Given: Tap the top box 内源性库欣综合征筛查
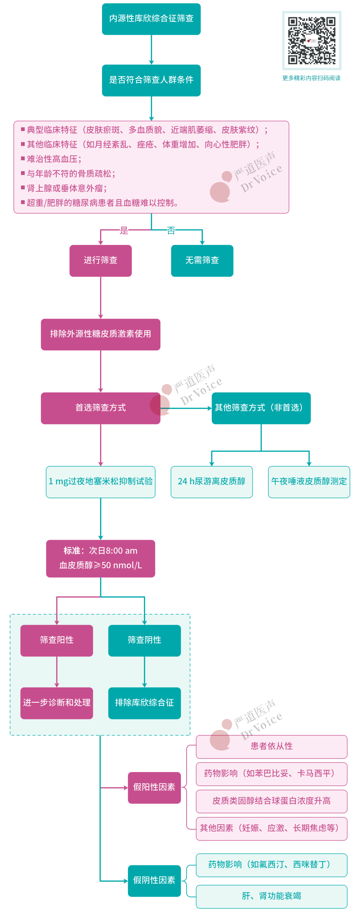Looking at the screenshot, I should pos(151,19).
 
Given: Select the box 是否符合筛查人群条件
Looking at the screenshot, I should pos(151,80).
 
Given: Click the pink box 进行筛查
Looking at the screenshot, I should pos(101,260).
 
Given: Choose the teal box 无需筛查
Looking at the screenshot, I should pos(202,260).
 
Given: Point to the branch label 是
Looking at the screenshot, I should pos(124,230).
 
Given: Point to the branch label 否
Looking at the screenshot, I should pos(171,230).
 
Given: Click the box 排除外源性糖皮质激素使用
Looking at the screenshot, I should pos(101,334).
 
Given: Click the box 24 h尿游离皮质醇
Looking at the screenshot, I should pos(211,481).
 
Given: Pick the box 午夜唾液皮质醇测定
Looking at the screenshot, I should pos(309,481).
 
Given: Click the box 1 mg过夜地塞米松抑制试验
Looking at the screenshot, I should pos(101,481).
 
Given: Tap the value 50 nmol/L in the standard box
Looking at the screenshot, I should pos(121,565).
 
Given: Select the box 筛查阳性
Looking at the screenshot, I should pos(57,640).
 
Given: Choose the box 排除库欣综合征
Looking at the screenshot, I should pos(144,702).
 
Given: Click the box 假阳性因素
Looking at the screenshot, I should pos(154,787).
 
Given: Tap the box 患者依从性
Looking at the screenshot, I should pos(272,746).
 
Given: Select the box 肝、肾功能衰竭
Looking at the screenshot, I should pos(272,896).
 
